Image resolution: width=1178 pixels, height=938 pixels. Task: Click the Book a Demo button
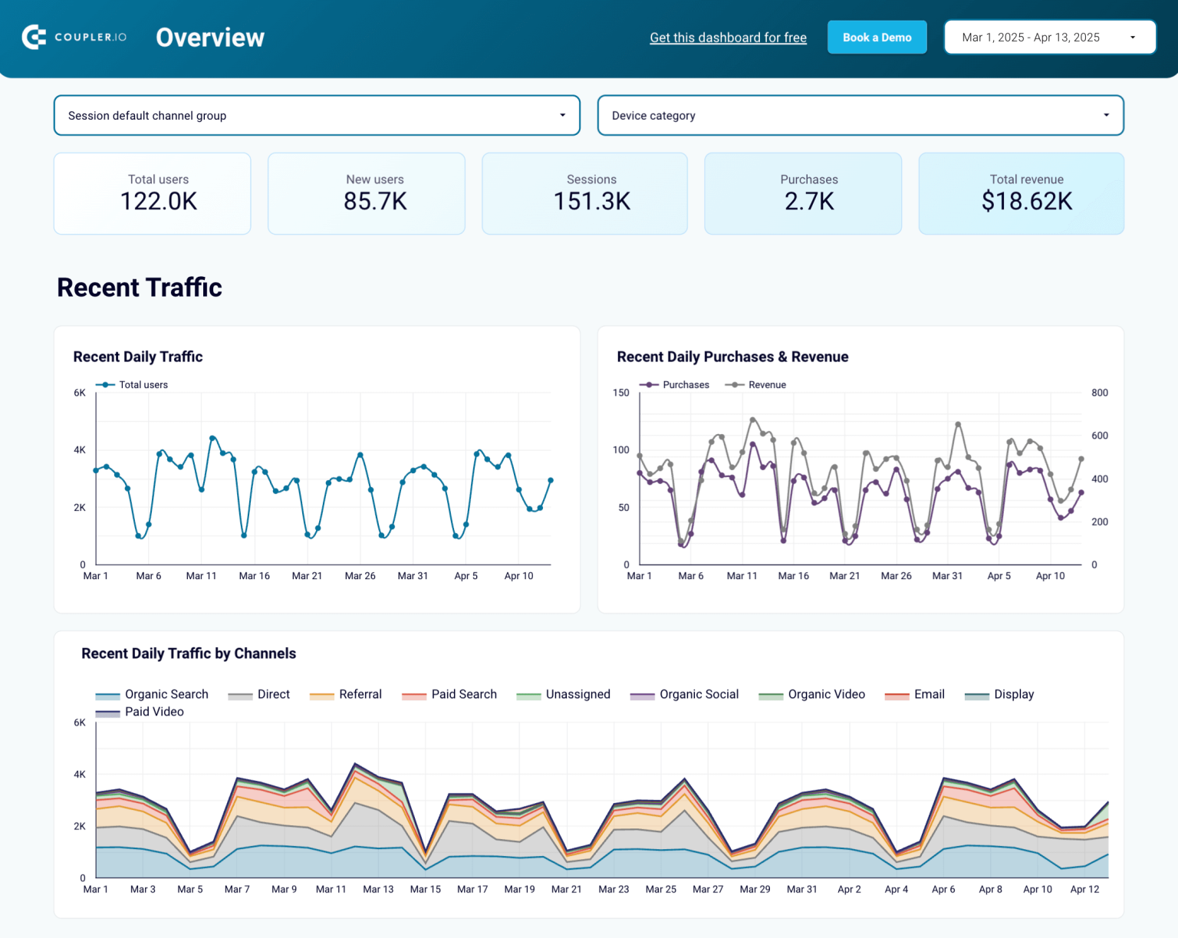click(877, 38)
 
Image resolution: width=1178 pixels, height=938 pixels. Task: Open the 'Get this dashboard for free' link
click(728, 38)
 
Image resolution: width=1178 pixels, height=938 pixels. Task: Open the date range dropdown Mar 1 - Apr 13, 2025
click(1049, 38)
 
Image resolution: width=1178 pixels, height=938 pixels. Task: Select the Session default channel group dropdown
click(316, 116)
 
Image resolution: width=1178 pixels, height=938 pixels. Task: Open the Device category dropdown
click(860, 116)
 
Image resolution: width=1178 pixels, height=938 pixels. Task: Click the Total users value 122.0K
click(159, 202)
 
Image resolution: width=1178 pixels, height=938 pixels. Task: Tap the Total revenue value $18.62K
click(1026, 202)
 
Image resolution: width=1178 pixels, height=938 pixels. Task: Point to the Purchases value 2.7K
click(808, 202)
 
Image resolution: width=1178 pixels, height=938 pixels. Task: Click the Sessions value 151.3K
click(591, 202)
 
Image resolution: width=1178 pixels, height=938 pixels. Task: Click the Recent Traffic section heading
click(140, 288)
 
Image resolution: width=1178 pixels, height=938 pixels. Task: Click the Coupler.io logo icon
click(34, 37)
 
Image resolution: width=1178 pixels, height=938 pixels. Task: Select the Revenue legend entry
click(766, 385)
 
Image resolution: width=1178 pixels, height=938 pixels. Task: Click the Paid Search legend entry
click(463, 694)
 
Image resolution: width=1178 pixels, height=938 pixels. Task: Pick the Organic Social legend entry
click(698, 694)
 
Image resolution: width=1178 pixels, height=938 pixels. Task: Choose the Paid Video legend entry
click(153, 712)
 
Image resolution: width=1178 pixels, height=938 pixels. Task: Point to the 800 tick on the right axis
click(1099, 393)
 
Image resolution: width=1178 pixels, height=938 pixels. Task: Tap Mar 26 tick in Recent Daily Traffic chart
click(360, 576)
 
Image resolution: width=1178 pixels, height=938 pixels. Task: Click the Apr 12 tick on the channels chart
click(1084, 890)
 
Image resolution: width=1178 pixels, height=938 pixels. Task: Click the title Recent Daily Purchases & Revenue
click(732, 357)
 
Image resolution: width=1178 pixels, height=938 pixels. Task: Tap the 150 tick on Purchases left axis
click(620, 393)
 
